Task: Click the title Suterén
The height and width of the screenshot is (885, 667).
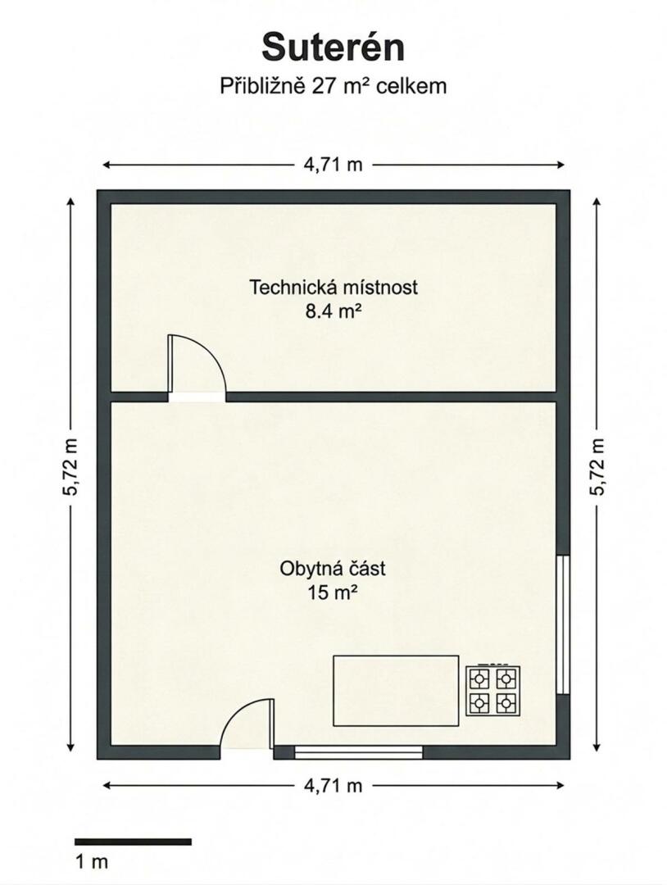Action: point(333,48)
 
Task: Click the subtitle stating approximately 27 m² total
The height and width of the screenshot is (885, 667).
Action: point(333,86)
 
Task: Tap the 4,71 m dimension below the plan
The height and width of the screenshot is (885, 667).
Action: point(333,785)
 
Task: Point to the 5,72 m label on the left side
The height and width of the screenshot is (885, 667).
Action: point(70,467)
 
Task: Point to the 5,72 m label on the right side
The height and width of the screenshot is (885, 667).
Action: point(597,467)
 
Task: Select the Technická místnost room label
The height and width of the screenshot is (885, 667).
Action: point(333,287)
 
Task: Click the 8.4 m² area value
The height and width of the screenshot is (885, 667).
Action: point(333,311)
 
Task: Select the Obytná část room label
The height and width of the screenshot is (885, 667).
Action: point(333,569)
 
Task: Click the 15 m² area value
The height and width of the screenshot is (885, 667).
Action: point(333,592)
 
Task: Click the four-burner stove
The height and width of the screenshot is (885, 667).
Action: point(493,690)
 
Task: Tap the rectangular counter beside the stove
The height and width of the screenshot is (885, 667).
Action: point(396,690)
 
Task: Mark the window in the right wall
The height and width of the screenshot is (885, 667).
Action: point(563,624)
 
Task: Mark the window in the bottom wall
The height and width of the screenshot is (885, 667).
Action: point(358,751)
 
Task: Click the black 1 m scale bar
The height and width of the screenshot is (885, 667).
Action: point(134,842)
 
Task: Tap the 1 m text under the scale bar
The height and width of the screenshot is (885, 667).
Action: point(92,862)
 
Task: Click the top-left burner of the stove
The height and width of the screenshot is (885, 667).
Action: point(479,678)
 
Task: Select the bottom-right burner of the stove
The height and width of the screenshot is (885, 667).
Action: point(506,703)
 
